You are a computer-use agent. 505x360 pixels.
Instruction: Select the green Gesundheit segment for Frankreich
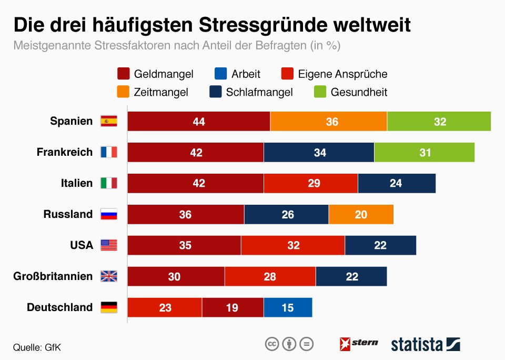click(x=424, y=153)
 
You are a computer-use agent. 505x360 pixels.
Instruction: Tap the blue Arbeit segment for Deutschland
click(x=288, y=307)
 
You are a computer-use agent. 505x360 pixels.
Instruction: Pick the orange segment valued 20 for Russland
click(x=361, y=215)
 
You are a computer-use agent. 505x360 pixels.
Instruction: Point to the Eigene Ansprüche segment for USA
click(x=293, y=245)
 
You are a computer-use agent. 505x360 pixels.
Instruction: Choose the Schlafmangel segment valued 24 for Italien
click(x=397, y=184)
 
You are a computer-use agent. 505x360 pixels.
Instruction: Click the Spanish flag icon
click(x=109, y=122)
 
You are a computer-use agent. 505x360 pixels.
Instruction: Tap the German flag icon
click(x=109, y=307)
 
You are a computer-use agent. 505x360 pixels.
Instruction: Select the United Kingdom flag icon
click(x=109, y=276)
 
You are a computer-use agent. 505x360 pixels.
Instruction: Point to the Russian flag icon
click(x=109, y=215)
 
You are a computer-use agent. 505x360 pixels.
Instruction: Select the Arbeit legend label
click(x=246, y=74)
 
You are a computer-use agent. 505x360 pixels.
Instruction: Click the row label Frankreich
click(x=65, y=152)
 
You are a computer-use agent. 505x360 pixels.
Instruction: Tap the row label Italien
click(x=77, y=183)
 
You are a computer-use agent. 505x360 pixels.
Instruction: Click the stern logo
click(x=359, y=344)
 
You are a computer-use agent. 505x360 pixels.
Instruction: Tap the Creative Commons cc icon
click(x=271, y=344)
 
